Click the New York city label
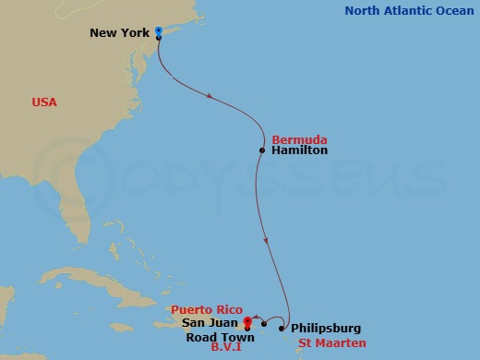pos(121,33)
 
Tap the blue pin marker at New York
pos(159,31)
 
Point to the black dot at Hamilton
pos(263,150)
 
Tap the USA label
pos(43,102)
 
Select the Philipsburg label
pos(325,328)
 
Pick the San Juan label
pos(210,323)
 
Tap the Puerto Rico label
pos(205,310)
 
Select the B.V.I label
pos(226,350)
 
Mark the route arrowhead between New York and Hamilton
pos(212,95)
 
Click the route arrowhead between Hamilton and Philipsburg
pos(267,243)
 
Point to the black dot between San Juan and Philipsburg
pos(264,323)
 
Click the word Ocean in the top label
pos(451,11)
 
